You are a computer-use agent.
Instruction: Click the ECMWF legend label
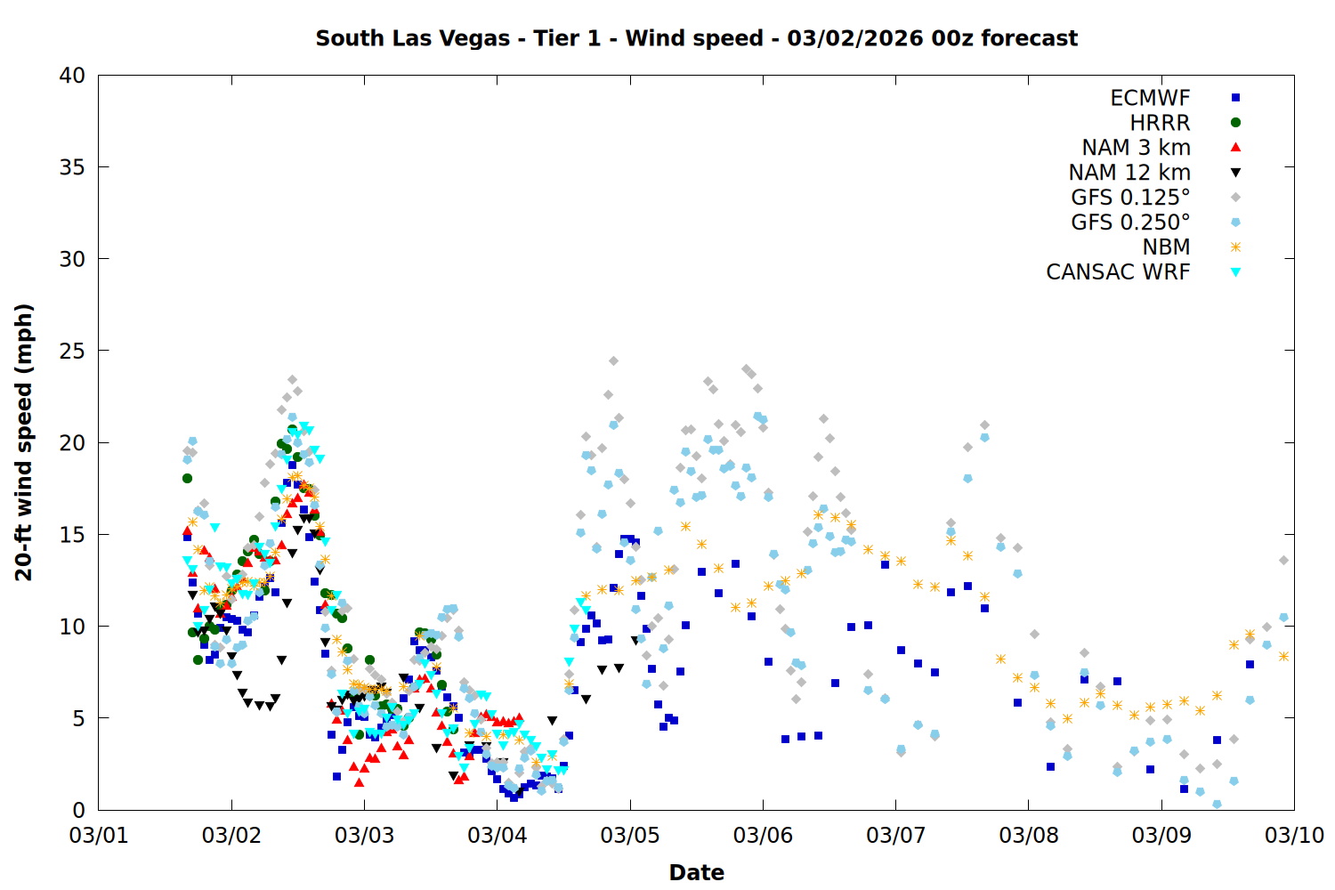click(x=1149, y=98)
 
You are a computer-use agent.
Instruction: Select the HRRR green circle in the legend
click(x=1235, y=123)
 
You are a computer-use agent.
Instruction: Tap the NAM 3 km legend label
click(x=1136, y=148)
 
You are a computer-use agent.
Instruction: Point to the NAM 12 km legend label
click(x=1129, y=173)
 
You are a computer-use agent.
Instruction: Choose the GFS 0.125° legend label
click(x=1130, y=198)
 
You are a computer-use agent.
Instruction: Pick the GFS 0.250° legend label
click(x=1130, y=222)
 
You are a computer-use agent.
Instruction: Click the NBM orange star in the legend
click(x=1235, y=247)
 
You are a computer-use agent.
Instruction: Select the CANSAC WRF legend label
click(x=1118, y=272)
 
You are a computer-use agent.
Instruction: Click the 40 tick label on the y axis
click(x=72, y=76)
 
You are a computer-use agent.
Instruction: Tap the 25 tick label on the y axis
click(x=72, y=351)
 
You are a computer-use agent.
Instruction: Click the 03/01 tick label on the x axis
click(x=99, y=836)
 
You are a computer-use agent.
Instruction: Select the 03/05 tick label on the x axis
click(x=630, y=836)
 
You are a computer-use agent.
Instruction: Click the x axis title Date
click(x=696, y=872)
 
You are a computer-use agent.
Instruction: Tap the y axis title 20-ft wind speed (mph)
click(x=24, y=442)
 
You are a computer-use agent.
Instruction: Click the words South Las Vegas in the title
click(x=413, y=38)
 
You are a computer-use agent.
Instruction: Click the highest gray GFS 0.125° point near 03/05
click(x=613, y=360)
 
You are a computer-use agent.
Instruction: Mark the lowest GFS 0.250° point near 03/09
click(x=1217, y=804)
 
